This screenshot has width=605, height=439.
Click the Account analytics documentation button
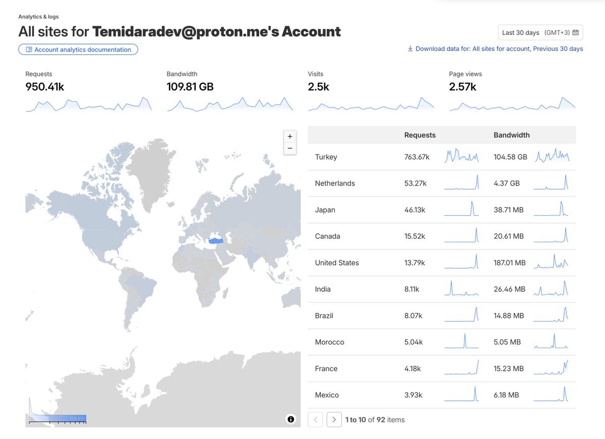pos(78,49)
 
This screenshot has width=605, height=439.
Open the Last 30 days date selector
pos(540,33)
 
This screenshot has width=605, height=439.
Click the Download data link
pos(495,49)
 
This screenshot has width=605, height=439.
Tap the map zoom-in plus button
pos(290,137)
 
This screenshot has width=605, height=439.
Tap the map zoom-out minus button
pos(290,148)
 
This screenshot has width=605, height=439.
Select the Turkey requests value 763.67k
pos(417,157)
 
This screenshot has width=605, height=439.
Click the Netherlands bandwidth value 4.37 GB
pos(507,183)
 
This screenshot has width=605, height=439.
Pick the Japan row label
pos(325,210)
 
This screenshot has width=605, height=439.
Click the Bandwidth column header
pos(512,135)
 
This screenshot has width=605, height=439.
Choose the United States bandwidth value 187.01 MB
pos(510,263)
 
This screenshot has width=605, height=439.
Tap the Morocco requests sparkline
pos(461,341)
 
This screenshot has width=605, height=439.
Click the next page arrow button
pos(334,419)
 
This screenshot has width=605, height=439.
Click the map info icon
pos(291,419)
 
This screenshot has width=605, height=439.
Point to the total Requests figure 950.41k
pos(45,87)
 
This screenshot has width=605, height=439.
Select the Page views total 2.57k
pos(462,87)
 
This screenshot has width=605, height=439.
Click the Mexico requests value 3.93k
pos(414,395)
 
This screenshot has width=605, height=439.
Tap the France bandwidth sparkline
pos(551,368)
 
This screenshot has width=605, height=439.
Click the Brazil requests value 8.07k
pos(413,316)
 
